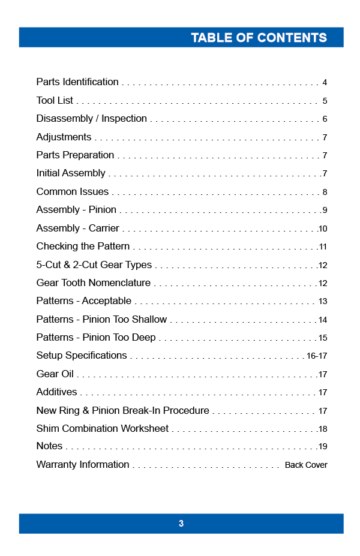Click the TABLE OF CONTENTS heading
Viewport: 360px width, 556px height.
[259, 37]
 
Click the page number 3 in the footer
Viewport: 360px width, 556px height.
[181, 524]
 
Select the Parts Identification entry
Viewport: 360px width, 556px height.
[77, 82]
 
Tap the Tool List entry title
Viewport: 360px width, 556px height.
[55, 100]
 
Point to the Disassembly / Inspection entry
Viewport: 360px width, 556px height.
[91, 118]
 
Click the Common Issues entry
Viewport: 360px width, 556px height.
[73, 191]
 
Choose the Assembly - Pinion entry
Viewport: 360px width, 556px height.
[76, 210]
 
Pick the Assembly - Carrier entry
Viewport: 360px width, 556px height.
[77, 228]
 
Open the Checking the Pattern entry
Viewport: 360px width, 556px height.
[83, 246]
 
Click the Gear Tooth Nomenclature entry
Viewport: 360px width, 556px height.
[93, 282]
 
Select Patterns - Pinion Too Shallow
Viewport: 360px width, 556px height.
[101, 319]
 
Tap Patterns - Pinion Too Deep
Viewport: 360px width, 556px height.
[96, 337]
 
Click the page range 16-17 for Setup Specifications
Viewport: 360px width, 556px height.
[317, 356]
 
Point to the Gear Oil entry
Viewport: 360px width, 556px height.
[55, 374]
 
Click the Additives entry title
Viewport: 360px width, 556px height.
[56, 392]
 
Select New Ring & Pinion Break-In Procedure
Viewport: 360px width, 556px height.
[122, 410]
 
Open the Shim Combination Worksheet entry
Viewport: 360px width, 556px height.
[102, 428]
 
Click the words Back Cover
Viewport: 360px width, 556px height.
[306, 465]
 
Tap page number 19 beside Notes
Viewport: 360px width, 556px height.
[323, 446]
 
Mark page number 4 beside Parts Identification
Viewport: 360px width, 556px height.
[325, 82]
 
